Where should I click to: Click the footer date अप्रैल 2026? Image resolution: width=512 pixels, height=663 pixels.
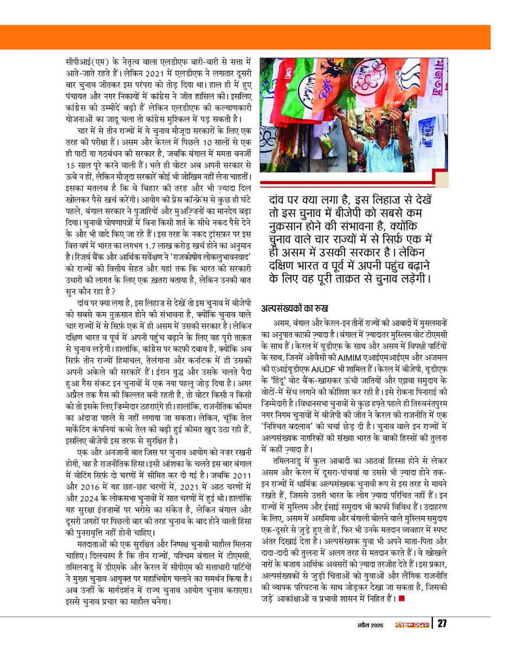(368, 625)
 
